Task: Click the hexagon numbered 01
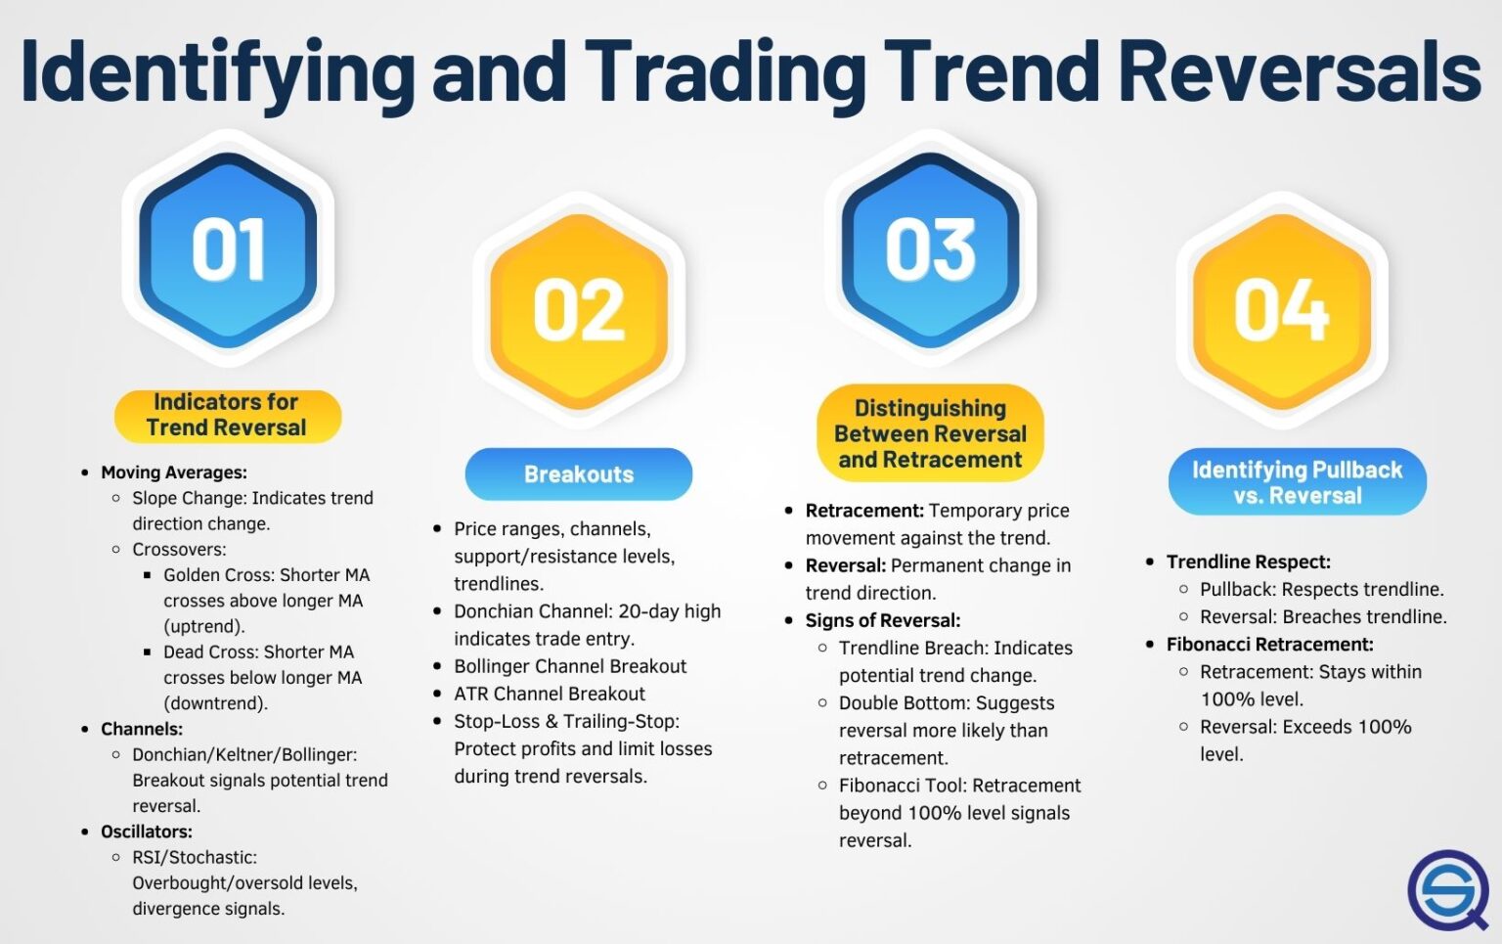[x=228, y=249]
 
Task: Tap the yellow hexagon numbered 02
[x=579, y=310]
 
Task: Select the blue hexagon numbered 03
[x=930, y=249]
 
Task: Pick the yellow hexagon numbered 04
[x=1281, y=310]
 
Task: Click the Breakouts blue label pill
[x=579, y=474]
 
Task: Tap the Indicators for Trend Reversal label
[x=227, y=415]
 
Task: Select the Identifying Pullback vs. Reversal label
[x=1297, y=482]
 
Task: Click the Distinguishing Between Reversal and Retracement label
[x=930, y=433]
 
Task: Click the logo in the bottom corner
[x=1446, y=890]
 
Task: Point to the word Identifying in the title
[x=217, y=70]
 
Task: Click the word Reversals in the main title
[x=1299, y=70]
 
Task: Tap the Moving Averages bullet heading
[x=174, y=472]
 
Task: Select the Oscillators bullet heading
[x=147, y=832]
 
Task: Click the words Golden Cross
[x=218, y=575]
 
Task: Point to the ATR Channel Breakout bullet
[x=550, y=694]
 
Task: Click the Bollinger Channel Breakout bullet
[x=570, y=666]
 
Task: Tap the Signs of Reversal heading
[x=882, y=620]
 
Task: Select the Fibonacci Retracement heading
[x=1269, y=645]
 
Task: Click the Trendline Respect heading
[x=1248, y=562]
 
